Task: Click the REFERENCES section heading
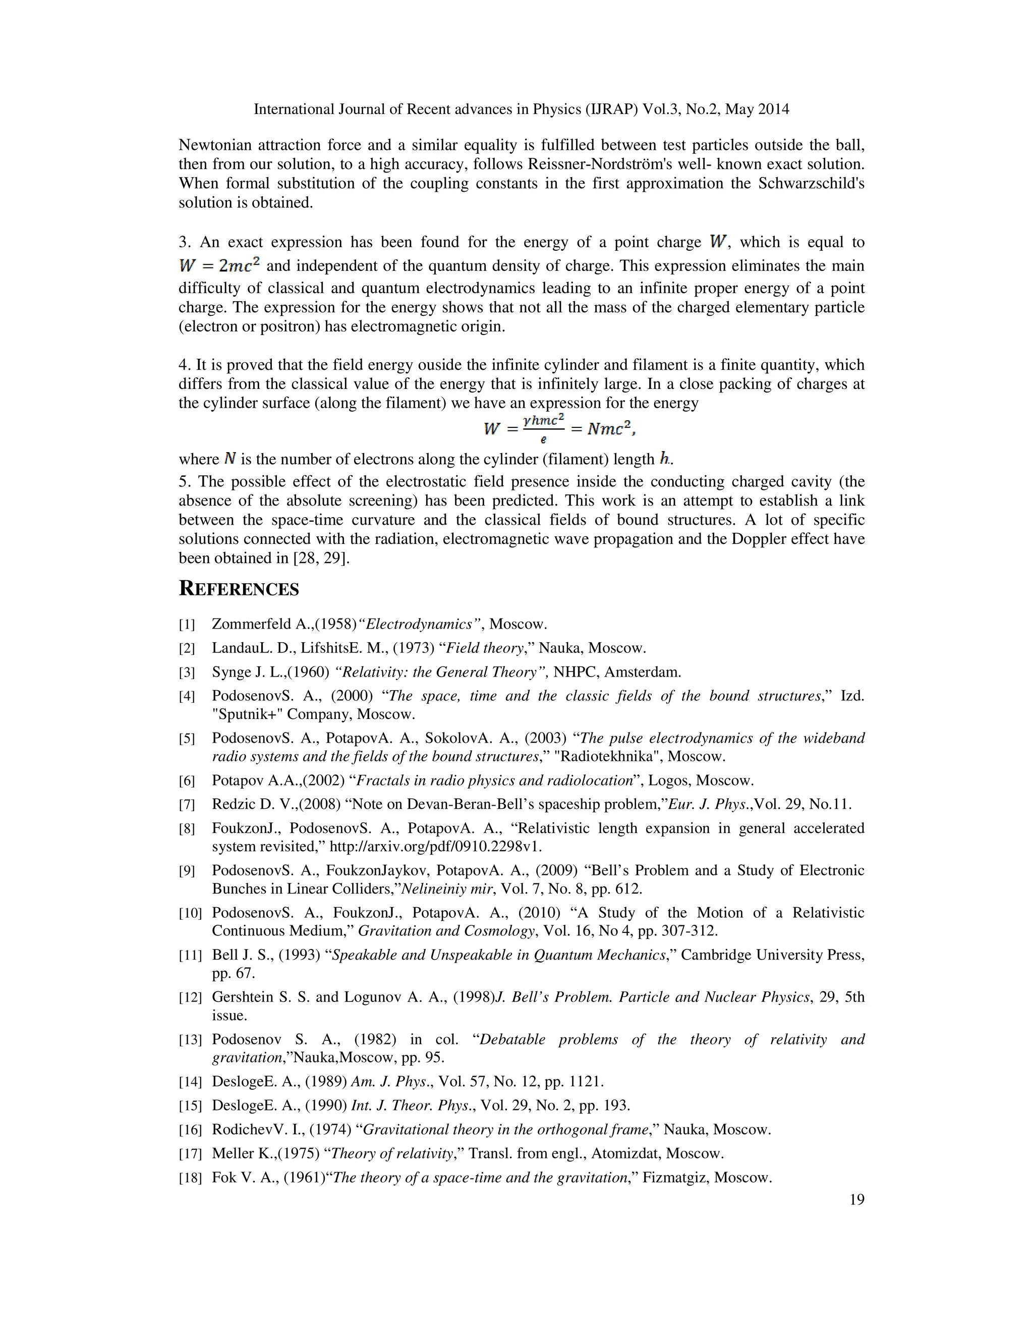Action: tap(239, 589)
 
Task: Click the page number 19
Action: tap(857, 1199)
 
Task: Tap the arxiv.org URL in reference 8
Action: tap(436, 847)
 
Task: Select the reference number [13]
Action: tap(190, 1039)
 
